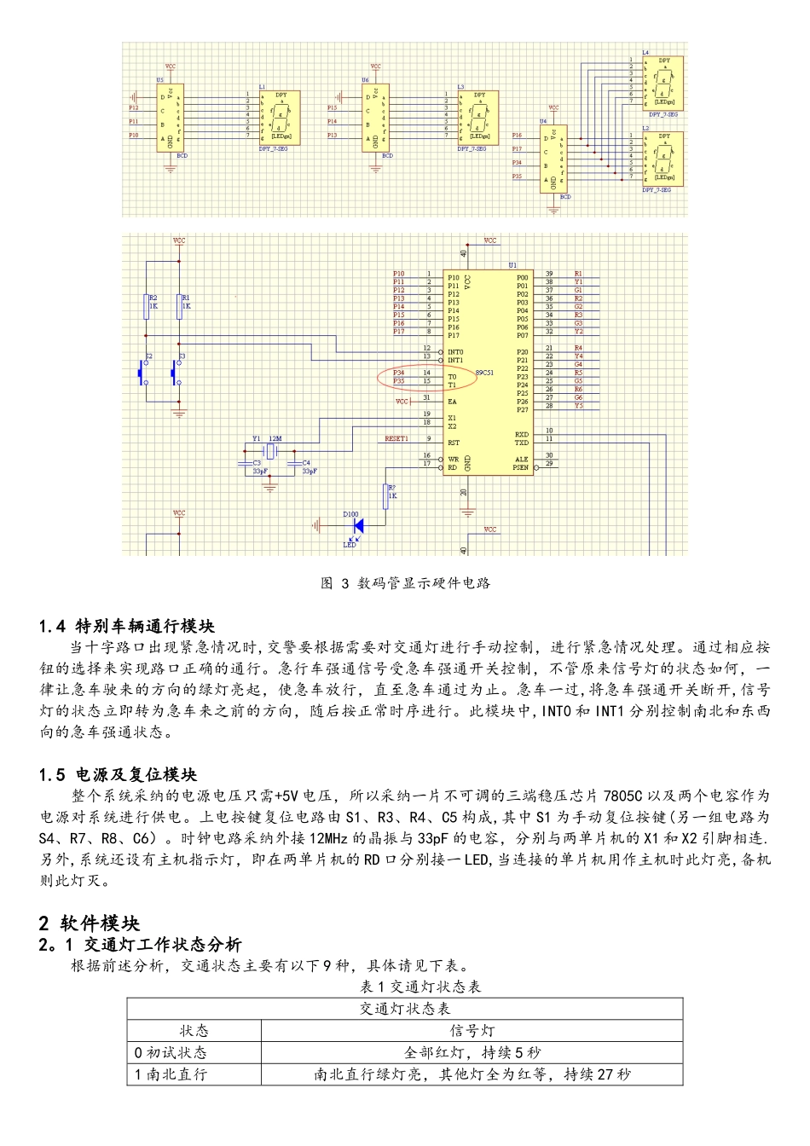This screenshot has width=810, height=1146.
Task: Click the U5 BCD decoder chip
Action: click(x=170, y=118)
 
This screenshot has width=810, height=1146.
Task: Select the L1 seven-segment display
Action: click(x=281, y=118)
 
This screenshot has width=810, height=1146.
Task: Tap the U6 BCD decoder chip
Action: click(x=375, y=118)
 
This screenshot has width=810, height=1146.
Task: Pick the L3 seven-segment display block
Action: click(x=478, y=118)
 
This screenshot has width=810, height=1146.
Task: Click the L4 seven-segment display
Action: click(x=662, y=84)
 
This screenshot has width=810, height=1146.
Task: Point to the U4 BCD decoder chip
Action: click(x=553, y=159)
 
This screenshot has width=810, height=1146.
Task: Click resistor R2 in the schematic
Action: click(x=146, y=306)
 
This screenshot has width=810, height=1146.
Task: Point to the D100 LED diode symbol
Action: click(x=358, y=526)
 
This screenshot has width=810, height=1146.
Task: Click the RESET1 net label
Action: click(x=396, y=439)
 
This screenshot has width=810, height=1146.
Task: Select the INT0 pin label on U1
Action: click(x=456, y=352)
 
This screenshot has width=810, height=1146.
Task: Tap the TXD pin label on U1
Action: click(x=521, y=443)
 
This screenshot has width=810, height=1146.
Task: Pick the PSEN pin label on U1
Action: click(x=520, y=467)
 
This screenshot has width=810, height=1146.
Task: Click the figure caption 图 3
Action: click(x=405, y=583)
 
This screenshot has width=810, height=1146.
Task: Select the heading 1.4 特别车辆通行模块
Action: click(x=127, y=627)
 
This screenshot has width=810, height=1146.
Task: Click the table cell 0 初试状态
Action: click(x=171, y=1053)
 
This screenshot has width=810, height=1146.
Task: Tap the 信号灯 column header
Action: click(x=472, y=1031)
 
